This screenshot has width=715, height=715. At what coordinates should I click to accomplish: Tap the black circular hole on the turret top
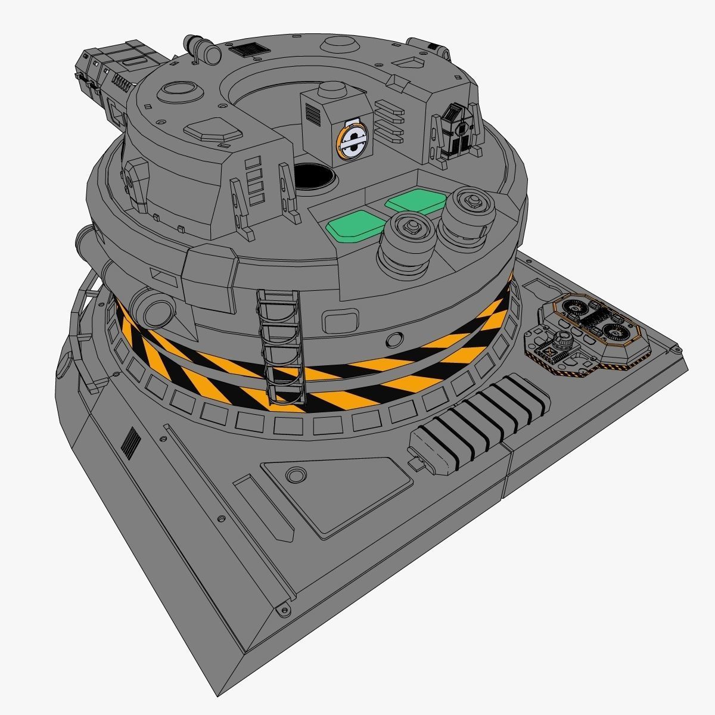(x=313, y=176)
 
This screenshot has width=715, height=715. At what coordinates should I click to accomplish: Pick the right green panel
(x=416, y=201)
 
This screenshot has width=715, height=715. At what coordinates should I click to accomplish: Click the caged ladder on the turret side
(x=280, y=349)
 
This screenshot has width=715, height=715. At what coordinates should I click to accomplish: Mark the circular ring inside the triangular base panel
(x=295, y=475)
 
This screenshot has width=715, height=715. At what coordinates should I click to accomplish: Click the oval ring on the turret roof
(x=179, y=89)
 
